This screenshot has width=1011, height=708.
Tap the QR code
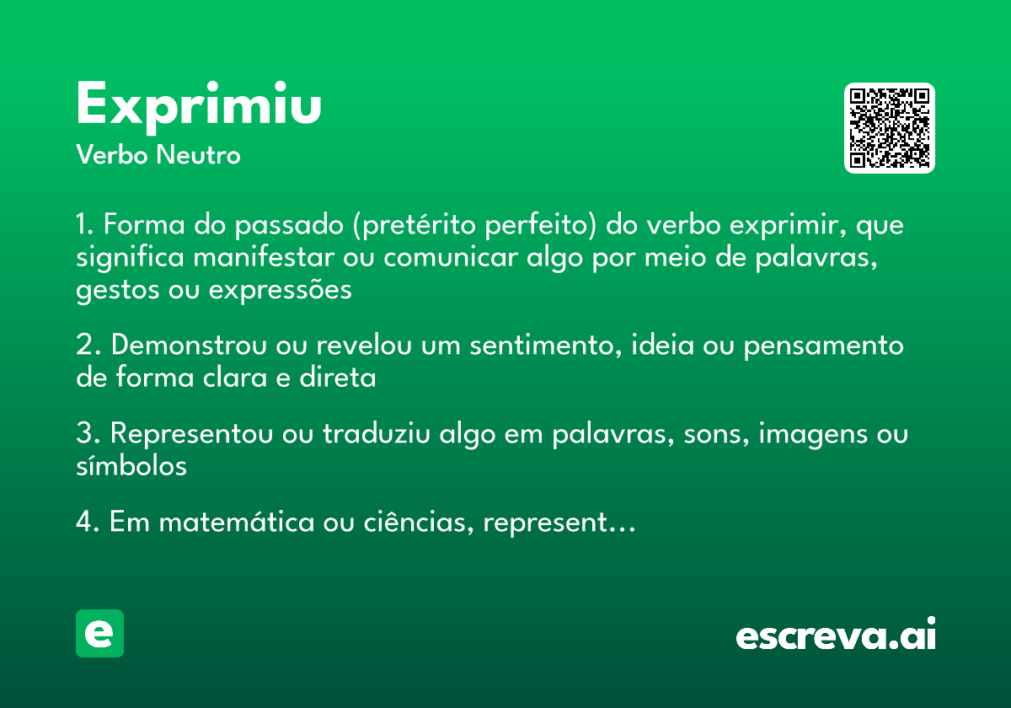tap(890, 128)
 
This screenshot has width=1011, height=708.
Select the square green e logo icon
tap(99, 633)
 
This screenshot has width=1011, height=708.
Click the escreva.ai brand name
tap(836, 636)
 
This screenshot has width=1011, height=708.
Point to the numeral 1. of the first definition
tap(87, 226)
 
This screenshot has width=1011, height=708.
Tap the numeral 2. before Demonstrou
tap(88, 346)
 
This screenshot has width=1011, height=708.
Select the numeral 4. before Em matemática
tap(88, 523)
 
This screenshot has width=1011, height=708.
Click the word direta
tap(337, 378)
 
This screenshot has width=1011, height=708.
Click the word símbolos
tap(131, 465)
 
